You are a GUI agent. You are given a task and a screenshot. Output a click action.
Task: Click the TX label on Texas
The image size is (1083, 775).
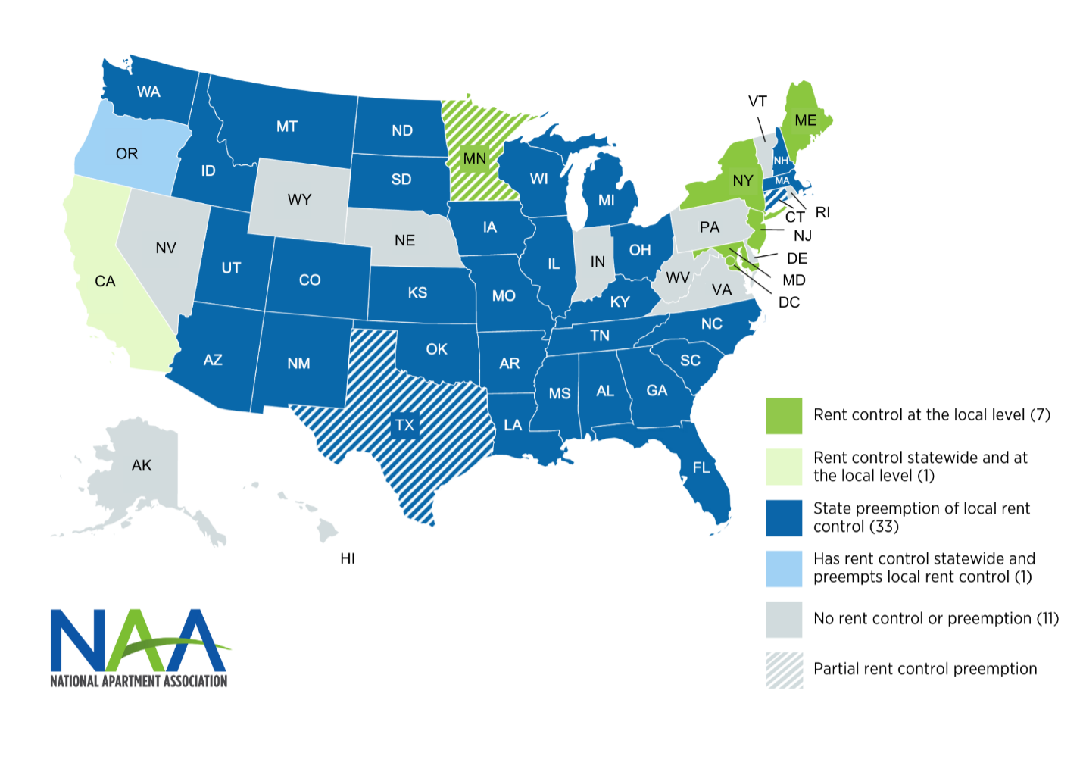pos(404,425)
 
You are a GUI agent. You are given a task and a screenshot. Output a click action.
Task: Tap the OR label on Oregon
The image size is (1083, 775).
pos(126,154)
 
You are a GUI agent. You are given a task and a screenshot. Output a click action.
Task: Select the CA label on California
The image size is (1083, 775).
pos(105,282)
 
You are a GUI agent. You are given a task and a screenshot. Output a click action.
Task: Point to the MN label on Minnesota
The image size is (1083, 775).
pos(475,158)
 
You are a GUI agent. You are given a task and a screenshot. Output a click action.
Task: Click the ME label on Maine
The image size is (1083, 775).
pos(805,120)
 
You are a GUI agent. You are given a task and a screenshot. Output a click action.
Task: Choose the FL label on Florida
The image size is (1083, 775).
pos(701,467)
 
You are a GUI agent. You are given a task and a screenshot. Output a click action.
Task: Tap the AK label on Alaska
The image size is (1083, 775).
pos(142,465)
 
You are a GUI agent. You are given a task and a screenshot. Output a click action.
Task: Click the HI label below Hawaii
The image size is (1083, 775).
pos(348,558)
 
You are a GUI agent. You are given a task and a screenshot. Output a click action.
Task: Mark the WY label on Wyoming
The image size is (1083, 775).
pos(299,199)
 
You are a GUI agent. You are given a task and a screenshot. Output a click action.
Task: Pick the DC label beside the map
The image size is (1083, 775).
pos(789,302)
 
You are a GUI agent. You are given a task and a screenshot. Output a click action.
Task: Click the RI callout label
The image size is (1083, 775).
pos(822,213)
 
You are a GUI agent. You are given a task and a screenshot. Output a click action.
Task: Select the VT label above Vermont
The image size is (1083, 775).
pos(757,102)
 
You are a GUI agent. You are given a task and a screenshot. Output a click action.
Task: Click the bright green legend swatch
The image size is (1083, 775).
pos(784,416)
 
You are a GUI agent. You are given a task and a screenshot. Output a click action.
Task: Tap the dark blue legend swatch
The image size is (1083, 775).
pos(784,517)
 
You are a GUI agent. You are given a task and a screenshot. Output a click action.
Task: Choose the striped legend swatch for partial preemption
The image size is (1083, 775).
pos(784,670)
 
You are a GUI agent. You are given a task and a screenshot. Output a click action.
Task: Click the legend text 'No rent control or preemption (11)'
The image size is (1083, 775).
pos(936,619)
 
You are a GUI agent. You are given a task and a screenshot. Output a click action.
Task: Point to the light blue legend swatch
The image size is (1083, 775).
pos(784,568)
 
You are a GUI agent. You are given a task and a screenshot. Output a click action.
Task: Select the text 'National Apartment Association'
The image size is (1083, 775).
pos(139,681)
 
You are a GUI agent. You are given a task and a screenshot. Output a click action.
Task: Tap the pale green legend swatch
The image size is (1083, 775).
pos(784,467)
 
